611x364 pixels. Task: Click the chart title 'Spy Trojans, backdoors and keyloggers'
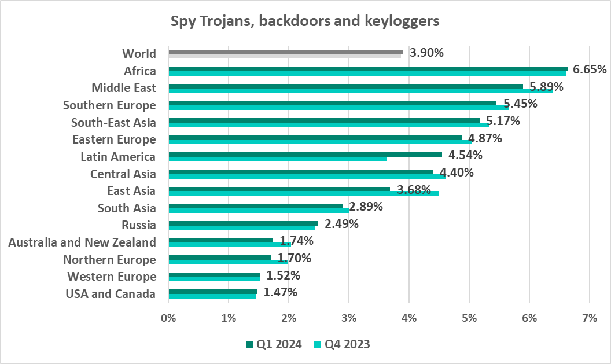[x=305, y=21]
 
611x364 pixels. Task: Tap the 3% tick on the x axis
[x=349, y=318]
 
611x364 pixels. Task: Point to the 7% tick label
[x=589, y=318]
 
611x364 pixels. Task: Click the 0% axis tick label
[x=168, y=318]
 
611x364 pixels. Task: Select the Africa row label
[x=140, y=71]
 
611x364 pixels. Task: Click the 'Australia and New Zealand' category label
[x=82, y=242]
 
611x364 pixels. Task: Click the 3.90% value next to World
[x=426, y=53]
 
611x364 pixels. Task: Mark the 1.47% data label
[x=280, y=292]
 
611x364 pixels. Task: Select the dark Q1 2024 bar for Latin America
[x=305, y=155]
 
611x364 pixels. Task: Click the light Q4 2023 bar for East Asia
[x=303, y=193]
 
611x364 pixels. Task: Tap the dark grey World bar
[x=286, y=52]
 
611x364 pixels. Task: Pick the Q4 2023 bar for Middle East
[x=360, y=90]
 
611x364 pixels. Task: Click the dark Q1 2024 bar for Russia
[x=243, y=223]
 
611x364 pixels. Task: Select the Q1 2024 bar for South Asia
[x=255, y=205]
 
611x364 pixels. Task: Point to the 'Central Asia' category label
[x=123, y=174]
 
